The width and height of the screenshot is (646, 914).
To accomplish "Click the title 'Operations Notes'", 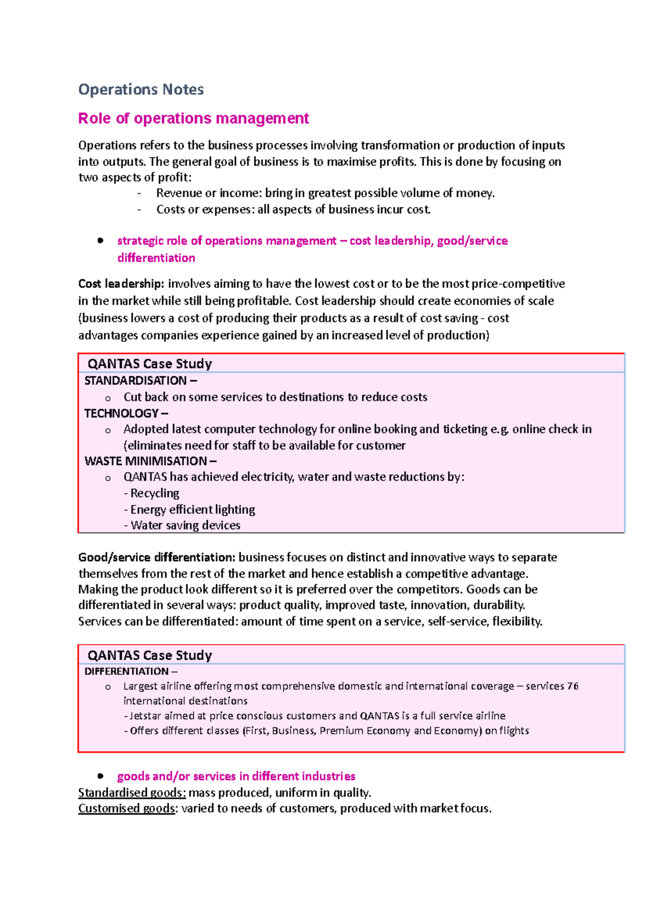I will click(x=141, y=89).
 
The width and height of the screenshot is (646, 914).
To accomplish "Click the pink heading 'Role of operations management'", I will click(x=193, y=118).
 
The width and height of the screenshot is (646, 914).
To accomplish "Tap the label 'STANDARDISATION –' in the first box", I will click(x=141, y=381).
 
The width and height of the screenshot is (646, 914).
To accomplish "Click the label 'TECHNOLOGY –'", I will click(x=126, y=413).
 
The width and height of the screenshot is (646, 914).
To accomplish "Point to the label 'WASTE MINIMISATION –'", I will click(x=150, y=461).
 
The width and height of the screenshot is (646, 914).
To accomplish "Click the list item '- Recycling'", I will click(x=152, y=493).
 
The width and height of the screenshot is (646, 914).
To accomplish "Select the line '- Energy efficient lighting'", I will click(x=189, y=509).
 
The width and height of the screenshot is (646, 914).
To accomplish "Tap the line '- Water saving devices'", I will click(x=182, y=525).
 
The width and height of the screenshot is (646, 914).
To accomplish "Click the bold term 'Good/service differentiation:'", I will click(x=157, y=557).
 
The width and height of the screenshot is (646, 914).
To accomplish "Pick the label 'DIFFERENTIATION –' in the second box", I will click(x=131, y=671).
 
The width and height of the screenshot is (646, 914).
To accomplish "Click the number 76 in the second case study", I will click(x=572, y=686).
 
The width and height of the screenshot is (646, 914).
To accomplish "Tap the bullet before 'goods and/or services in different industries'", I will click(x=100, y=776).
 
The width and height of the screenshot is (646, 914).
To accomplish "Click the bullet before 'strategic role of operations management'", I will click(x=100, y=241).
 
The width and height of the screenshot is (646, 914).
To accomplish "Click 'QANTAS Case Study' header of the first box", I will click(x=150, y=364).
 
